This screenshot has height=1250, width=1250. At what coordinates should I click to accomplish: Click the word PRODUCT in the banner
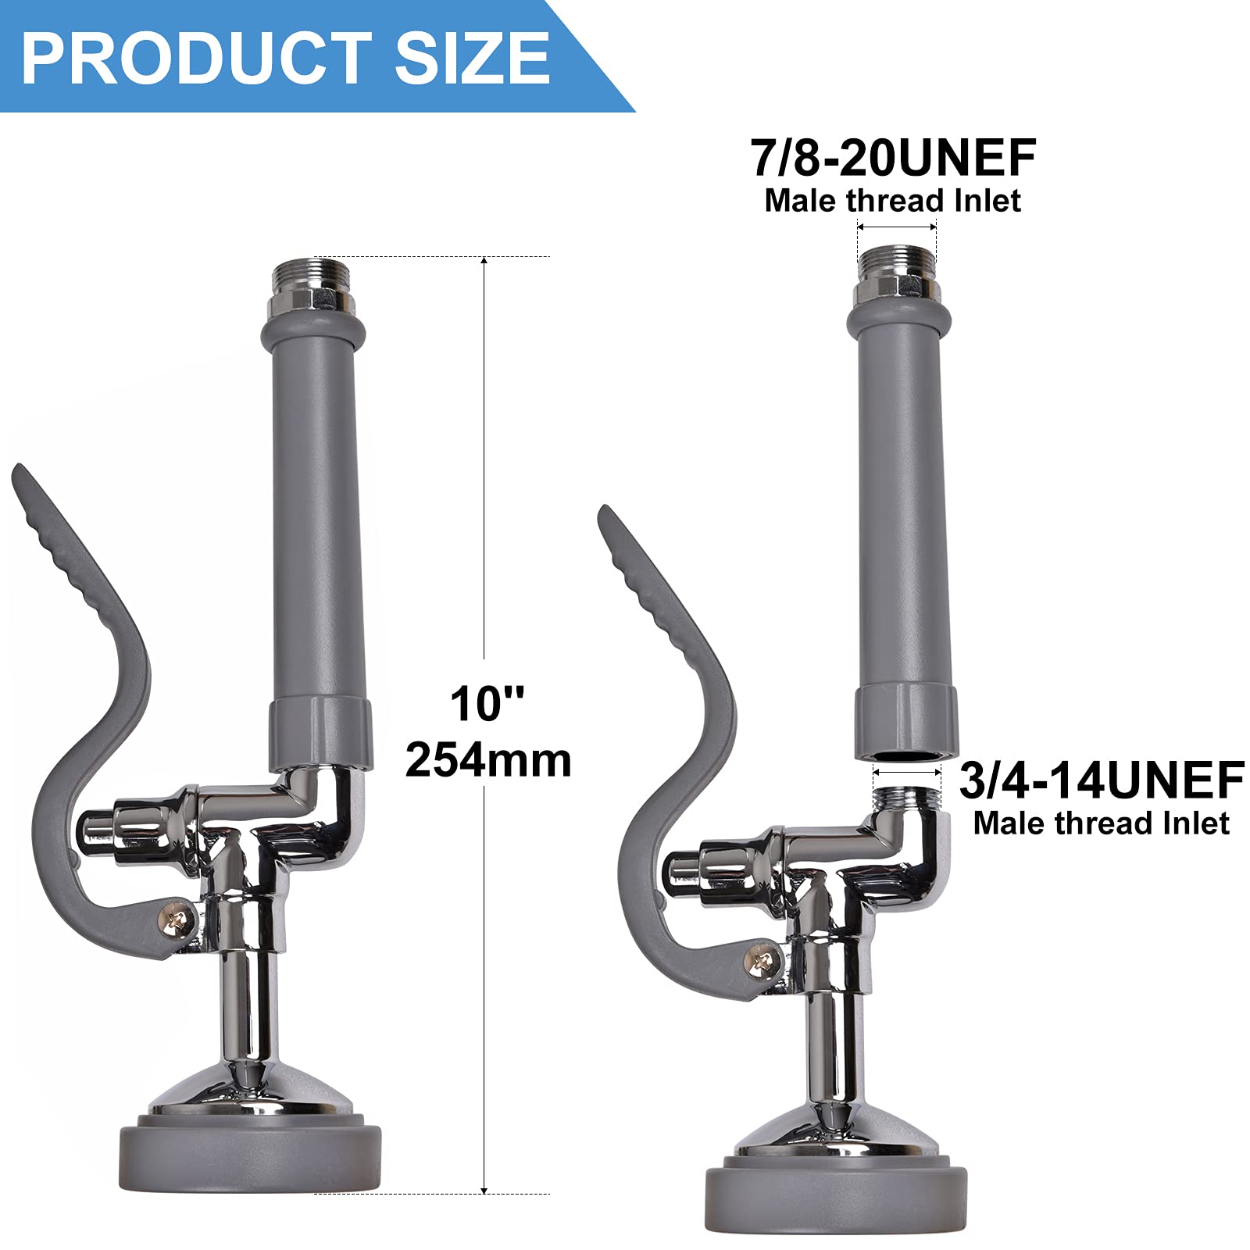195,59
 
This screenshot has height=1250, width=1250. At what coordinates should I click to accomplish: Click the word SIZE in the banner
473,59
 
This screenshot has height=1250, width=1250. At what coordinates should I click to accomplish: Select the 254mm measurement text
488,759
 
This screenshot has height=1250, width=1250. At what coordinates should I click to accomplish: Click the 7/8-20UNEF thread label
893,158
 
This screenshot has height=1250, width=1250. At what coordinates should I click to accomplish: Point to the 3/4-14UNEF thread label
1102,780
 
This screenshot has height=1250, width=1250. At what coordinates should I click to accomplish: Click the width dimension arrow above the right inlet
896,227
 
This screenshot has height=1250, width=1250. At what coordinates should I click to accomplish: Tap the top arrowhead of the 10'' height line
484,261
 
